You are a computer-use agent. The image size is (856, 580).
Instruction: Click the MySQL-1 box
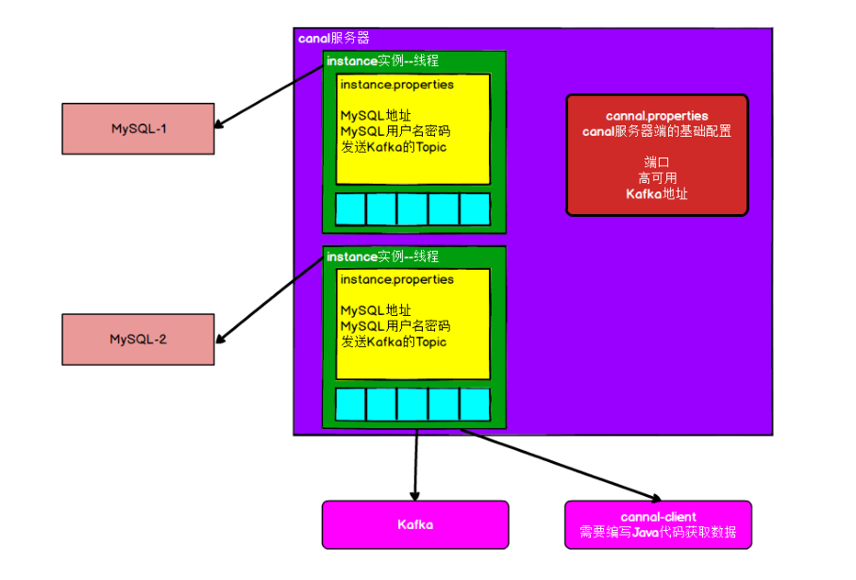tap(138, 129)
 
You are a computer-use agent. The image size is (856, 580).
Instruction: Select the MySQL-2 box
tap(138, 340)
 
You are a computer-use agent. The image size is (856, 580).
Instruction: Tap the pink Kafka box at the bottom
tap(415, 525)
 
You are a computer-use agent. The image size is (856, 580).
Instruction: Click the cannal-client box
tap(659, 525)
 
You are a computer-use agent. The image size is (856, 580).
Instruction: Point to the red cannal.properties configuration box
tap(657, 156)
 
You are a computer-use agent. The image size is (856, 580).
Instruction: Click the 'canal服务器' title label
tap(333, 38)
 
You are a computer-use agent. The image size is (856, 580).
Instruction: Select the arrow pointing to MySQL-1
tap(269, 96)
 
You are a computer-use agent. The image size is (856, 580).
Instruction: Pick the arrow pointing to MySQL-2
tap(270, 300)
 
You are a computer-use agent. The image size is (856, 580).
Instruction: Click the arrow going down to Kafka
tap(415, 465)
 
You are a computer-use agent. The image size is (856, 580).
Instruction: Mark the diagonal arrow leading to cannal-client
tap(562, 465)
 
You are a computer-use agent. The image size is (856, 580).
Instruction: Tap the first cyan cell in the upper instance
tap(350, 209)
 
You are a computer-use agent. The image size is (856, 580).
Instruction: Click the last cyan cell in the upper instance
tap(475, 209)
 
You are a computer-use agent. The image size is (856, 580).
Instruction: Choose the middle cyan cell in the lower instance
tap(412, 405)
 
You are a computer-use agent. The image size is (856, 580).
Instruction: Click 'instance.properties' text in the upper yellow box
tap(397, 85)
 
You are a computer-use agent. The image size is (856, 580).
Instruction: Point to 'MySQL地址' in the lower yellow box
tap(376, 310)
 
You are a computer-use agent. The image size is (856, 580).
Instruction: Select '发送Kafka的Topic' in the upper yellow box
tap(394, 147)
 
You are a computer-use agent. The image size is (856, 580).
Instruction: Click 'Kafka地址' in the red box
tap(657, 193)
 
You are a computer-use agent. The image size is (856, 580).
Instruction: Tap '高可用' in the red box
tap(657, 178)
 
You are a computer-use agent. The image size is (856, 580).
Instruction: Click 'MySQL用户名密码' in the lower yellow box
tap(395, 326)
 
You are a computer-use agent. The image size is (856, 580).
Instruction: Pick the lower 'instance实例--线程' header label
tap(382, 257)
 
